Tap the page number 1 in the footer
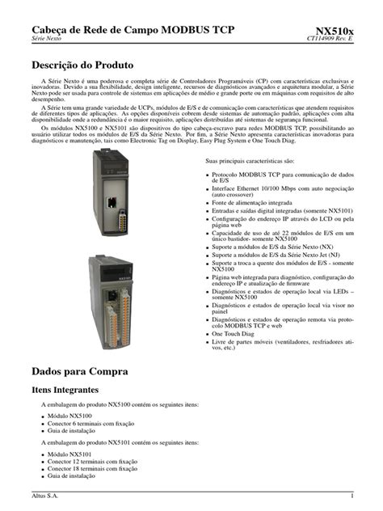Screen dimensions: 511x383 tap(352, 496)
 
